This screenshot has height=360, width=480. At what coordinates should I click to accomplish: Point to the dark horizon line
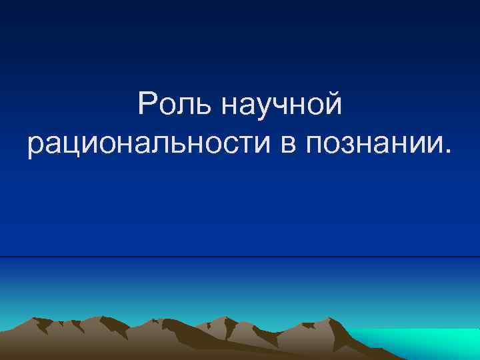240,257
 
